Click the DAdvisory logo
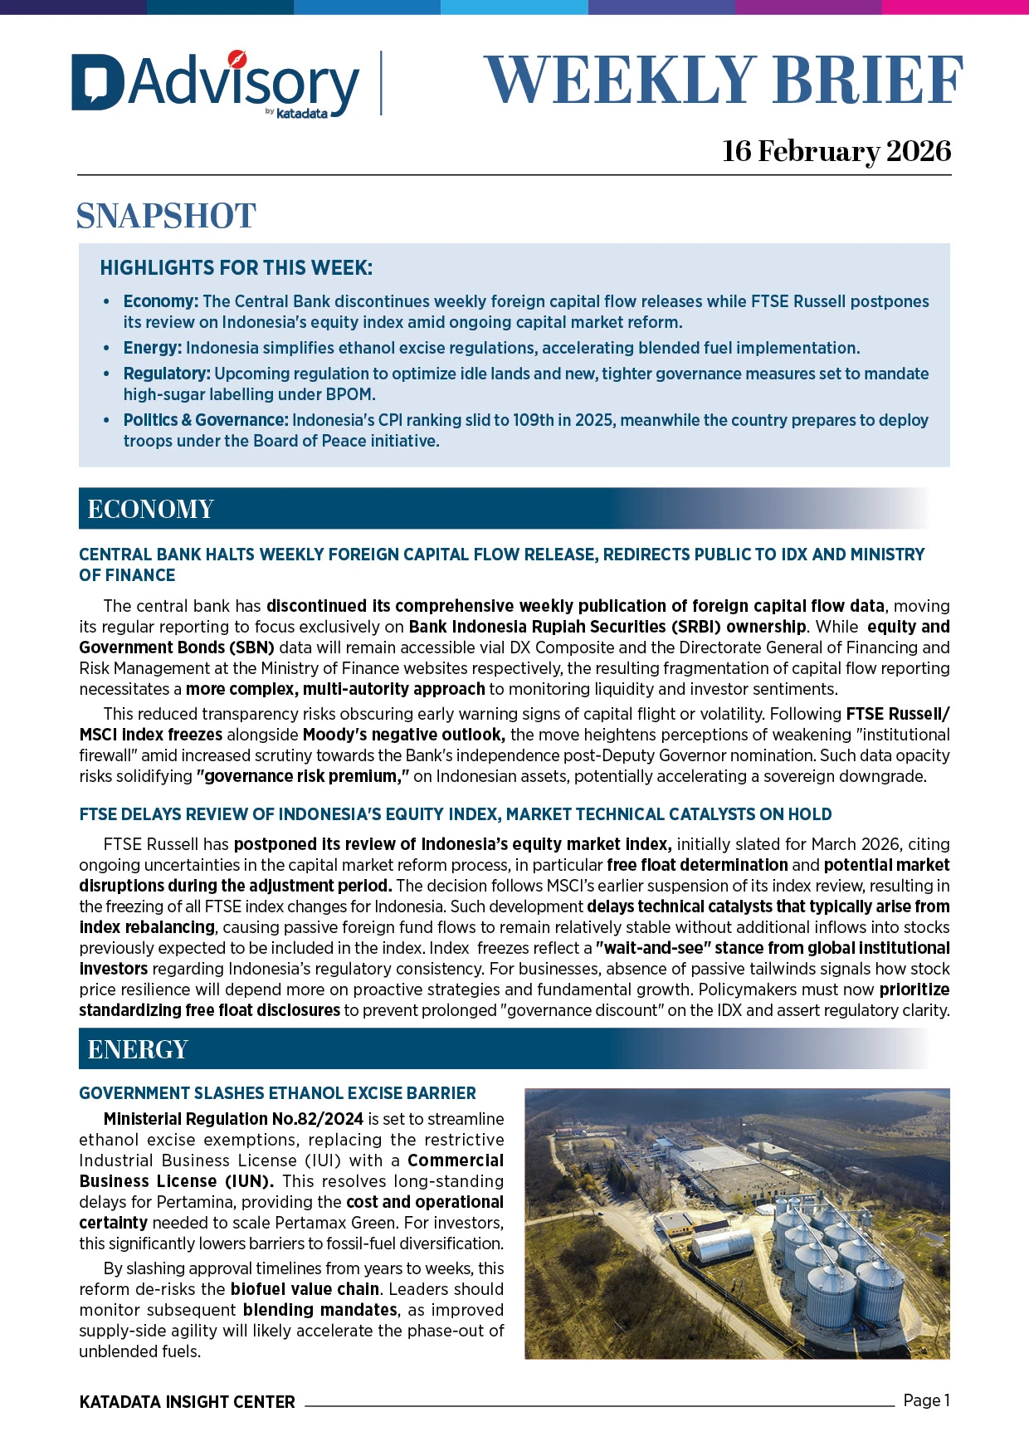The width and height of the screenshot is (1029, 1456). pos(216,83)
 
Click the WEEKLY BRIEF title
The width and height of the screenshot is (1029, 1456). pos(723,81)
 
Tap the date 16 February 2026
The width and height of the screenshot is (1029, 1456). pos(836,151)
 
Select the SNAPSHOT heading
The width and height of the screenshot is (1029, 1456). pos(166,216)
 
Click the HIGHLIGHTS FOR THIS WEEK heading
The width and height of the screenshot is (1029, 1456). pos(236,268)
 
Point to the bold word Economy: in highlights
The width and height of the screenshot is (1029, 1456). pos(160,301)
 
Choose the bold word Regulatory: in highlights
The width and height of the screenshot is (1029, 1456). pos(166,374)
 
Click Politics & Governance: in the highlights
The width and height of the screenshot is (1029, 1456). pos(205,420)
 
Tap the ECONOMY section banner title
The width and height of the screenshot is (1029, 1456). pos(150,509)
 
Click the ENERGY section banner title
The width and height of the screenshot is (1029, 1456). pos(138,1049)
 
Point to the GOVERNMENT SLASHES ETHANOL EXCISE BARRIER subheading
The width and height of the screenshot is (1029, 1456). pos(277,1093)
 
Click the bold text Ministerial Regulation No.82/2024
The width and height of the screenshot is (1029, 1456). pos(233,1119)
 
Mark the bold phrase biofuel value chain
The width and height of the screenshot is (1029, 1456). pos(305,1289)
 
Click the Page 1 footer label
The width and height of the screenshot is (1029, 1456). pos(926,1400)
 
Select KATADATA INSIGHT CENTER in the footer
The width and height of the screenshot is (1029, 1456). pos(187,1402)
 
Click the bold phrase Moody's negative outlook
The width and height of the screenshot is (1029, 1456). pos(403,735)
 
